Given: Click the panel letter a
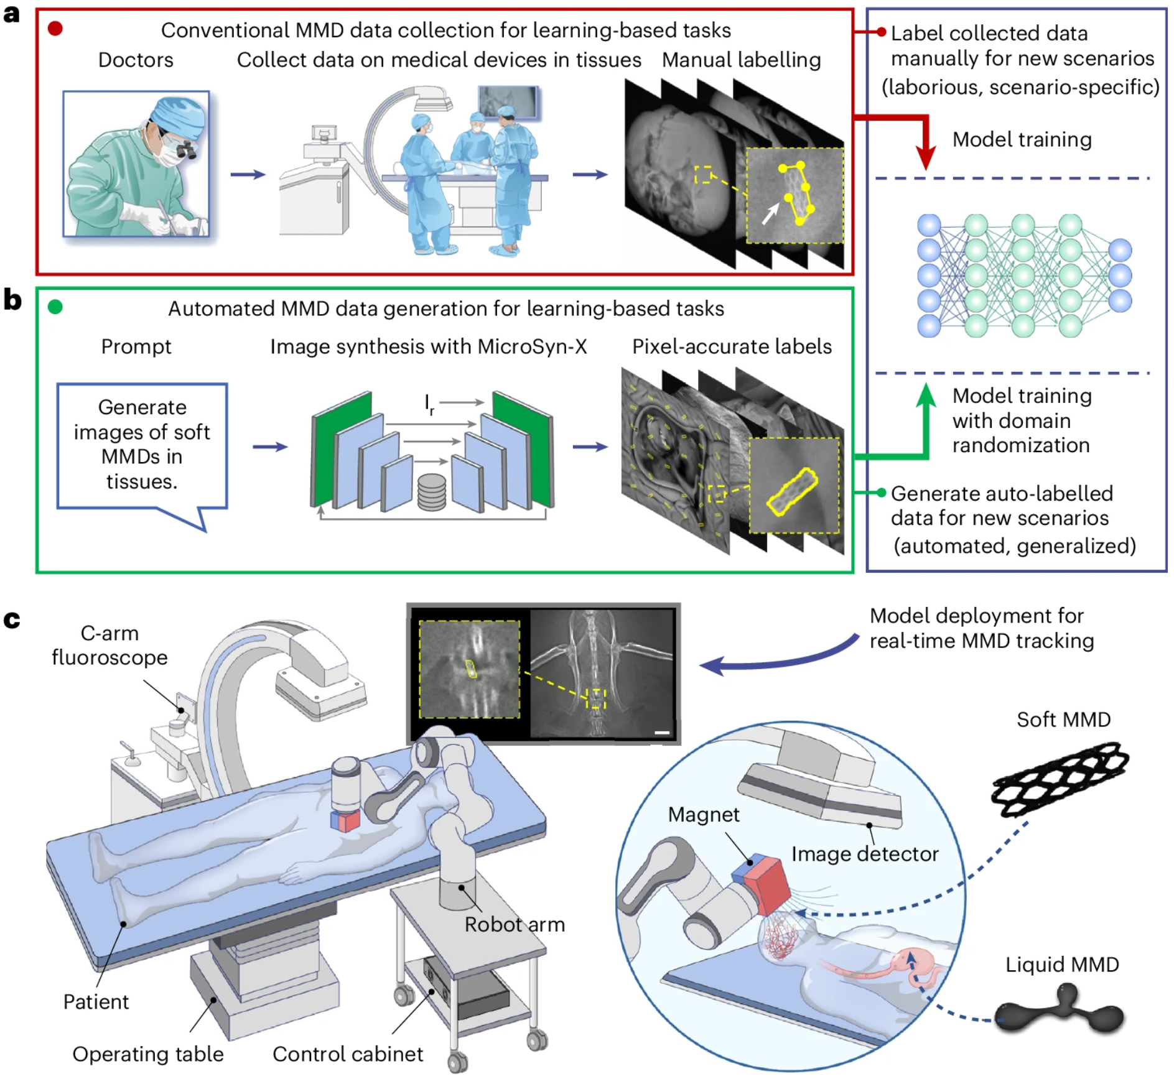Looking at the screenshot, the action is coord(11,14).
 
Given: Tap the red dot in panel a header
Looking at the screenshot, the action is coord(55,28).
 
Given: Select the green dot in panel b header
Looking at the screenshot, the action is coord(55,307).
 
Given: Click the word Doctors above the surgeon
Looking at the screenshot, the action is coord(136,60).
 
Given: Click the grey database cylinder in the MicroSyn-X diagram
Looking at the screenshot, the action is coord(432,492).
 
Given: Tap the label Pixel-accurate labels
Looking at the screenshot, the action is coord(732,346).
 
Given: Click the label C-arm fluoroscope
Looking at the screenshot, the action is coord(109,645).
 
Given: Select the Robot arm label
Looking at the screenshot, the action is coord(515,924).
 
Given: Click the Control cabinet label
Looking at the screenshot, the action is coord(348,1054).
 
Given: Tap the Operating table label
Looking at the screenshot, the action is coord(148,1054).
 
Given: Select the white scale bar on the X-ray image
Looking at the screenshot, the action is coord(662,733).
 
